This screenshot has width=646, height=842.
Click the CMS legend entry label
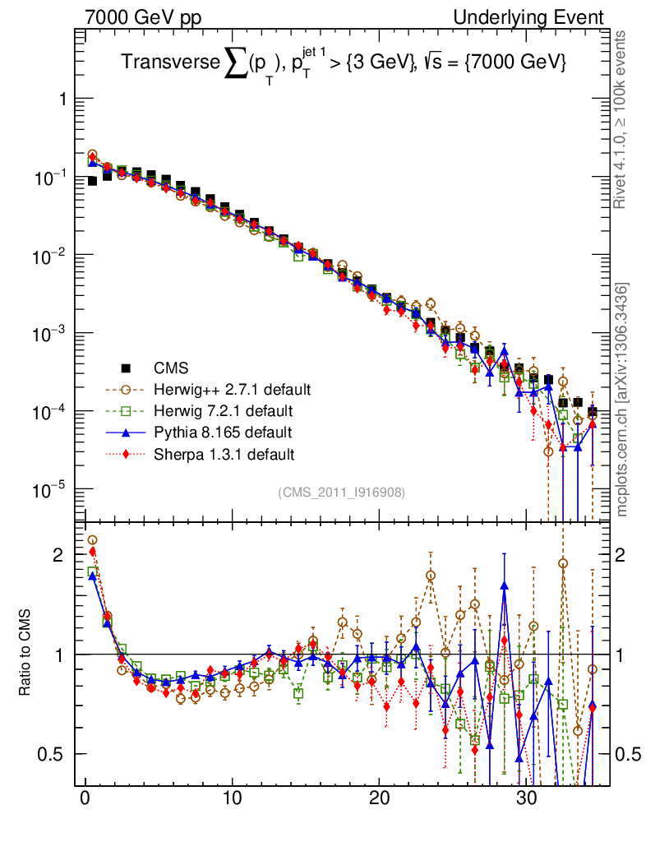(x=170, y=368)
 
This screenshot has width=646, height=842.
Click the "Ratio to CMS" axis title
(x=25, y=655)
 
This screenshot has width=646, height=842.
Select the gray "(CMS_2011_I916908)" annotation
(x=341, y=492)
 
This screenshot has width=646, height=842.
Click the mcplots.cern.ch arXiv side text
(x=622, y=400)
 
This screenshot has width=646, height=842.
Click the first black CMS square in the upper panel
(x=92, y=181)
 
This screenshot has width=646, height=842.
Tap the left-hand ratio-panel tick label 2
(x=58, y=555)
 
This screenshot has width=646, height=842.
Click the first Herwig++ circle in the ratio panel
(x=92, y=540)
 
